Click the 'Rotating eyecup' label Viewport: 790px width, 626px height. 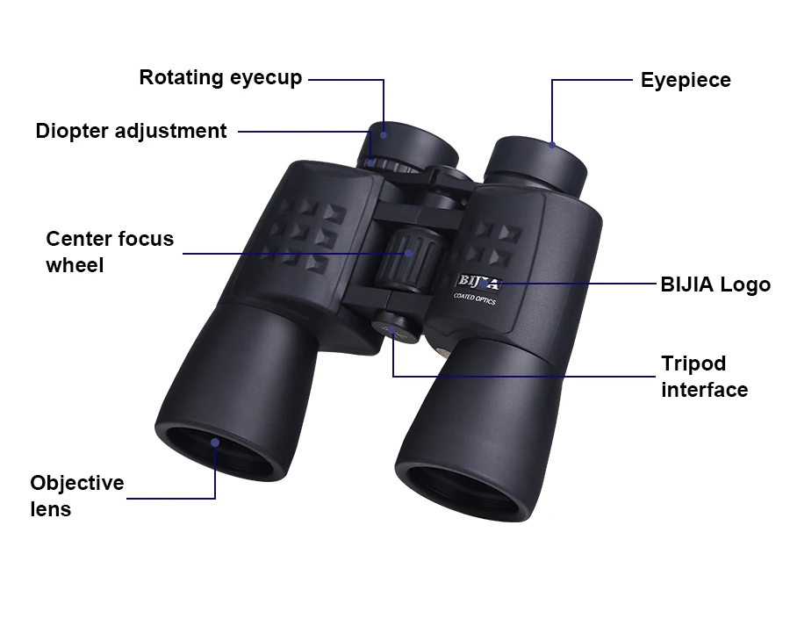[x=220, y=78]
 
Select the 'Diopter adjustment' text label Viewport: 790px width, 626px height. [x=131, y=131]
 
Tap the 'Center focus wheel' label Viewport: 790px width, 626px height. [x=110, y=252]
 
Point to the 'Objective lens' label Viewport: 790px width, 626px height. [x=77, y=496]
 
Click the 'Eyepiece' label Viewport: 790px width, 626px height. [x=686, y=80]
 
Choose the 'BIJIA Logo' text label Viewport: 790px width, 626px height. [x=715, y=284]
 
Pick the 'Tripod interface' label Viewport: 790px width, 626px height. [x=704, y=377]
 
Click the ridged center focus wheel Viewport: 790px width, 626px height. [x=407, y=261]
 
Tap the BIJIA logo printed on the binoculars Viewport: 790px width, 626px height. [x=479, y=282]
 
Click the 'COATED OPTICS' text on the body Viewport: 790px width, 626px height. [x=475, y=299]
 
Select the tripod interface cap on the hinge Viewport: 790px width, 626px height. [x=396, y=327]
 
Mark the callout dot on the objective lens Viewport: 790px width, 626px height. [x=215, y=443]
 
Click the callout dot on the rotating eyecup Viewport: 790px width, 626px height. [x=384, y=135]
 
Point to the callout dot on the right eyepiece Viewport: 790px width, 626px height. [x=552, y=145]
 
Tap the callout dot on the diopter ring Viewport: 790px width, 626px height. [x=370, y=162]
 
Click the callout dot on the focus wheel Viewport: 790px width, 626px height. [x=409, y=254]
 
